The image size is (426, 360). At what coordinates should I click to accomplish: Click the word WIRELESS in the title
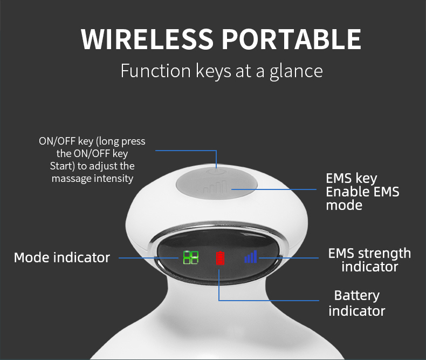click(147, 39)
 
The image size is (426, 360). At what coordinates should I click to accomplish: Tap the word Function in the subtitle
click(155, 71)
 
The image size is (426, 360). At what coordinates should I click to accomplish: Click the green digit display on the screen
click(190, 257)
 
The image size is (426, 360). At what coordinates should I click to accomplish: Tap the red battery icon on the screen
click(219, 258)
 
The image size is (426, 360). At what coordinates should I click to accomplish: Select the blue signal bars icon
click(250, 257)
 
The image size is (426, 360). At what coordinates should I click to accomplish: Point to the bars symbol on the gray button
click(217, 189)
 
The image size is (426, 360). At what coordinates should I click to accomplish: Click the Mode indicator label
click(61, 257)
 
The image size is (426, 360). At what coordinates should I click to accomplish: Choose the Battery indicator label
click(357, 303)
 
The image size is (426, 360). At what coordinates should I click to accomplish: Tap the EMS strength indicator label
click(370, 260)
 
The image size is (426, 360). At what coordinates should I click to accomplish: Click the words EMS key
click(351, 178)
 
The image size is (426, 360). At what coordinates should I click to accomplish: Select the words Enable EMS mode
click(362, 198)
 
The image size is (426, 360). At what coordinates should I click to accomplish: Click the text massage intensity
click(92, 178)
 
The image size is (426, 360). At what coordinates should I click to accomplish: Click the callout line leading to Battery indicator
click(270, 300)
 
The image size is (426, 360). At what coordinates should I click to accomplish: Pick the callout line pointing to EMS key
click(280, 189)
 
